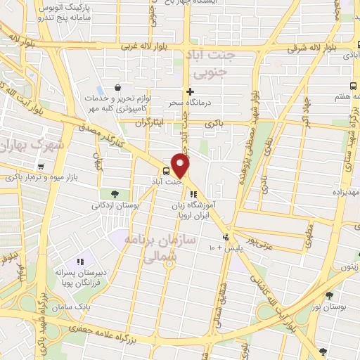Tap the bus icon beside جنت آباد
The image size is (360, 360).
(x=166, y=171)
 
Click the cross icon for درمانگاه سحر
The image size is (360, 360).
(x=189, y=91)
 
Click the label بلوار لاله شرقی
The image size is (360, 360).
(x=315, y=49)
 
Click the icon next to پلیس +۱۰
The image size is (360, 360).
(x=225, y=236)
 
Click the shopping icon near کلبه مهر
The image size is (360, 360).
(x=117, y=89)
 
